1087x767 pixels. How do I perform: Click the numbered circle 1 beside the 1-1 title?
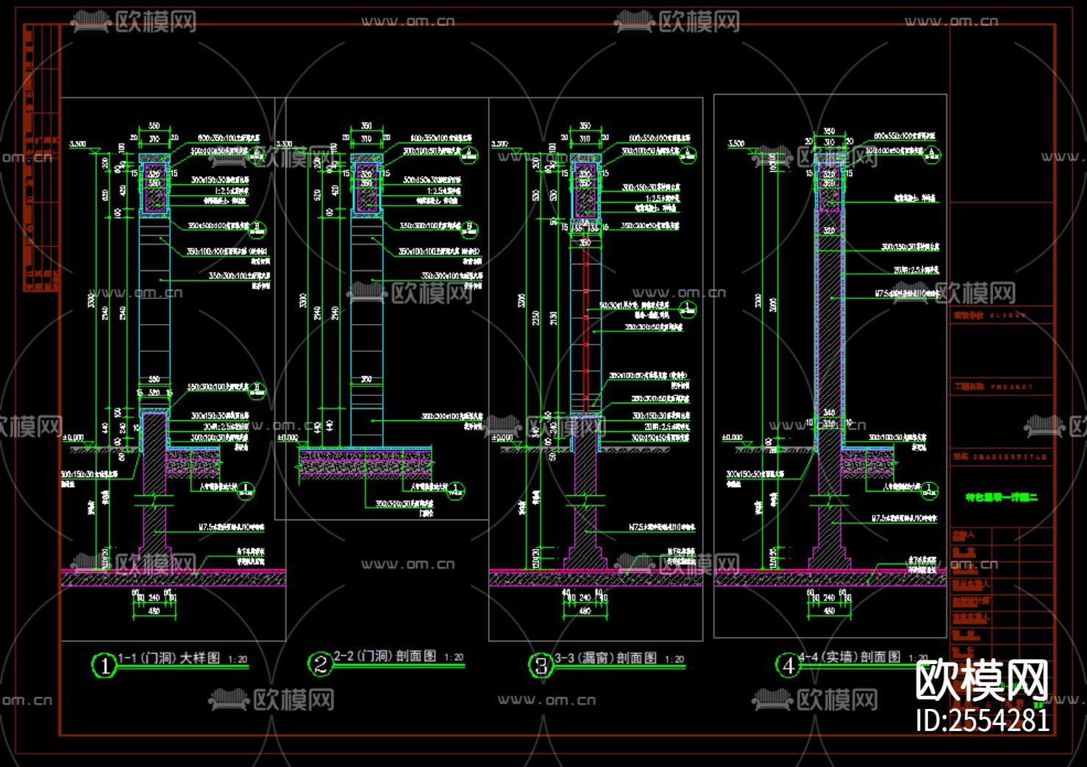point(104,666)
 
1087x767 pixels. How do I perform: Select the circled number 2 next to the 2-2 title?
point(320,664)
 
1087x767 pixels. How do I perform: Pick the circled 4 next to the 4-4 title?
point(788,665)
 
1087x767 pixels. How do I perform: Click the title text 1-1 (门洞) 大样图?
point(169,658)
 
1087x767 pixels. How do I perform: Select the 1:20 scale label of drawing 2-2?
point(454,658)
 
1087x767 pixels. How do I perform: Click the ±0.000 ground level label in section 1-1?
point(73,438)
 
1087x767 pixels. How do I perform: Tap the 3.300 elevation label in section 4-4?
point(736,143)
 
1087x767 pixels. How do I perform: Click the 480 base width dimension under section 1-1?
point(154,611)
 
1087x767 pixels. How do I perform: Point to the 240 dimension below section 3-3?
point(585,597)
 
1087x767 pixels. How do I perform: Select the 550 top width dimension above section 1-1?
point(154,126)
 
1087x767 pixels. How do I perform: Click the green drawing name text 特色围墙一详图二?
point(1002,497)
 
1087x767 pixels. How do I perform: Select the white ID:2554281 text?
point(983,720)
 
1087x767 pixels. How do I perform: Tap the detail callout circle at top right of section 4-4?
point(933,155)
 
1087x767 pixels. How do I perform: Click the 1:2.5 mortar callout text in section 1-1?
point(232,191)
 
